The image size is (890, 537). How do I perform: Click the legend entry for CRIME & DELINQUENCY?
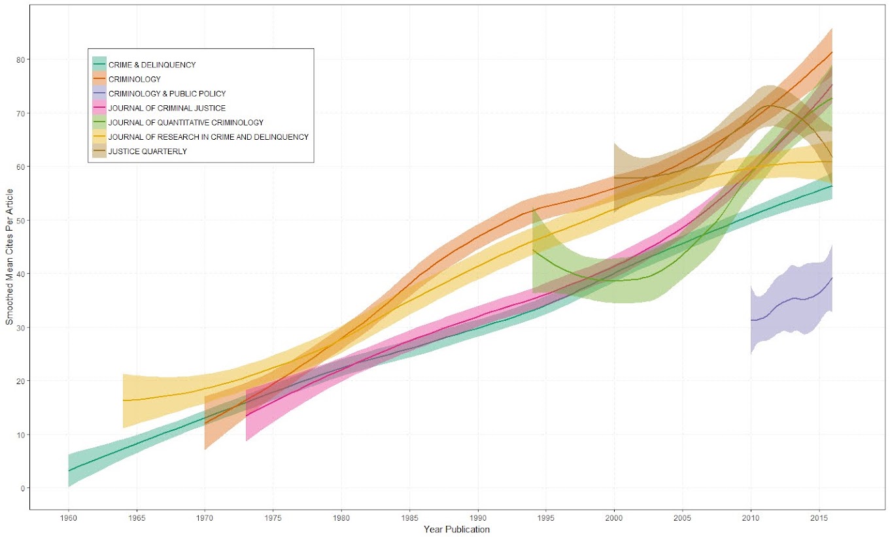pyautogui.click(x=152, y=65)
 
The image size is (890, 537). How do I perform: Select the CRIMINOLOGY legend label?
pyautogui.click(x=134, y=79)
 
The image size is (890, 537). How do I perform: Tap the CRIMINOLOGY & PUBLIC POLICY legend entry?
pyautogui.click(x=167, y=93)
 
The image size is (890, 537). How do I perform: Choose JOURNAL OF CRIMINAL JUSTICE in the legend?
pyautogui.click(x=167, y=108)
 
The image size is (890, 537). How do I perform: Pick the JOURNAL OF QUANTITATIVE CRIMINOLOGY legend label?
pyautogui.click(x=186, y=122)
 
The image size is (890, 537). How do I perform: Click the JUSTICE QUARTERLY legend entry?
pyautogui.click(x=147, y=151)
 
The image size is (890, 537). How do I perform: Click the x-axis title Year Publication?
pyautogui.click(x=456, y=529)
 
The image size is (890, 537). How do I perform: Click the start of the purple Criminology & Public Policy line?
pyautogui.click(x=751, y=320)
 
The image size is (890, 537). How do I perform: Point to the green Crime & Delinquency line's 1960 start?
pyautogui.click(x=69, y=470)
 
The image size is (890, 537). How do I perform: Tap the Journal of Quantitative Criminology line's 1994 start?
pyautogui.click(x=533, y=250)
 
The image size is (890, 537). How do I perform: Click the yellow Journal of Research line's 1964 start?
pyautogui.click(x=123, y=400)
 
